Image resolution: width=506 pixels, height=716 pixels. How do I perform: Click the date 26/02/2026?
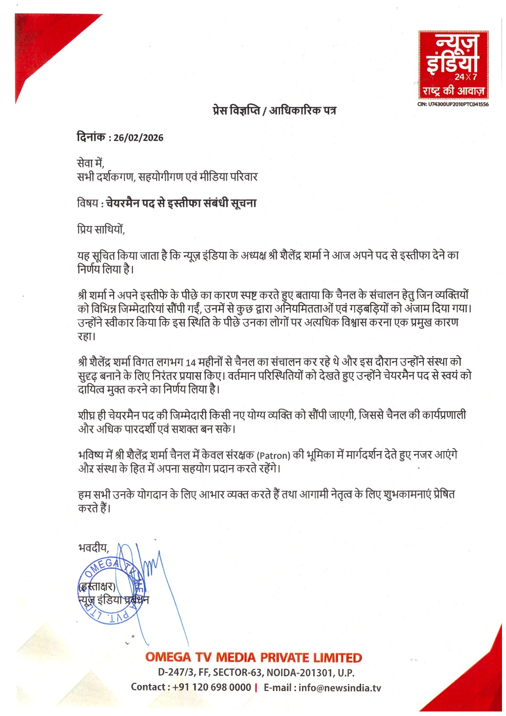click(138, 137)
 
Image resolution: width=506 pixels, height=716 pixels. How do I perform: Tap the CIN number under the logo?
click(453, 104)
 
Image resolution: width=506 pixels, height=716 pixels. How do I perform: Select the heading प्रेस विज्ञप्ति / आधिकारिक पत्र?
click(274, 110)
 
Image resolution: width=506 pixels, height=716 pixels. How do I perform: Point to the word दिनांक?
click(91, 137)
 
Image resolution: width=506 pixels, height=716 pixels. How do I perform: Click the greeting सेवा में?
click(90, 163)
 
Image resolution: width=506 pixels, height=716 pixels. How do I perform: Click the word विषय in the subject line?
click(88, 203)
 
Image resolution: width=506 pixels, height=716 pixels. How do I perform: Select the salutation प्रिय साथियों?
click(101, 230)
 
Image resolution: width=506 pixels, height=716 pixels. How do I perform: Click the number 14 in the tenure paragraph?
click(191, 362)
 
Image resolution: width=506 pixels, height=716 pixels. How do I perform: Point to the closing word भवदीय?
click(94, 547)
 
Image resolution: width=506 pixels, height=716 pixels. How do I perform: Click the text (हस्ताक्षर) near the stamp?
click(97, 586)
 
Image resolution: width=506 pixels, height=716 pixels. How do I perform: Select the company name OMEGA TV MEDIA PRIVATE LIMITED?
click(254, 657)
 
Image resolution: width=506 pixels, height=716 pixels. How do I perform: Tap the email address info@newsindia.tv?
click(340, 688)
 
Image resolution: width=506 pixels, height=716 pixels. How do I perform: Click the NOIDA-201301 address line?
click(256, 672)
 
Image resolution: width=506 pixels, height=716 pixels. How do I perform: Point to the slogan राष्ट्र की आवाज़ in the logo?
click(453, 90)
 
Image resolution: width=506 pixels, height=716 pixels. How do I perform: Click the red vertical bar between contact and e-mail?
click(255, 688)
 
